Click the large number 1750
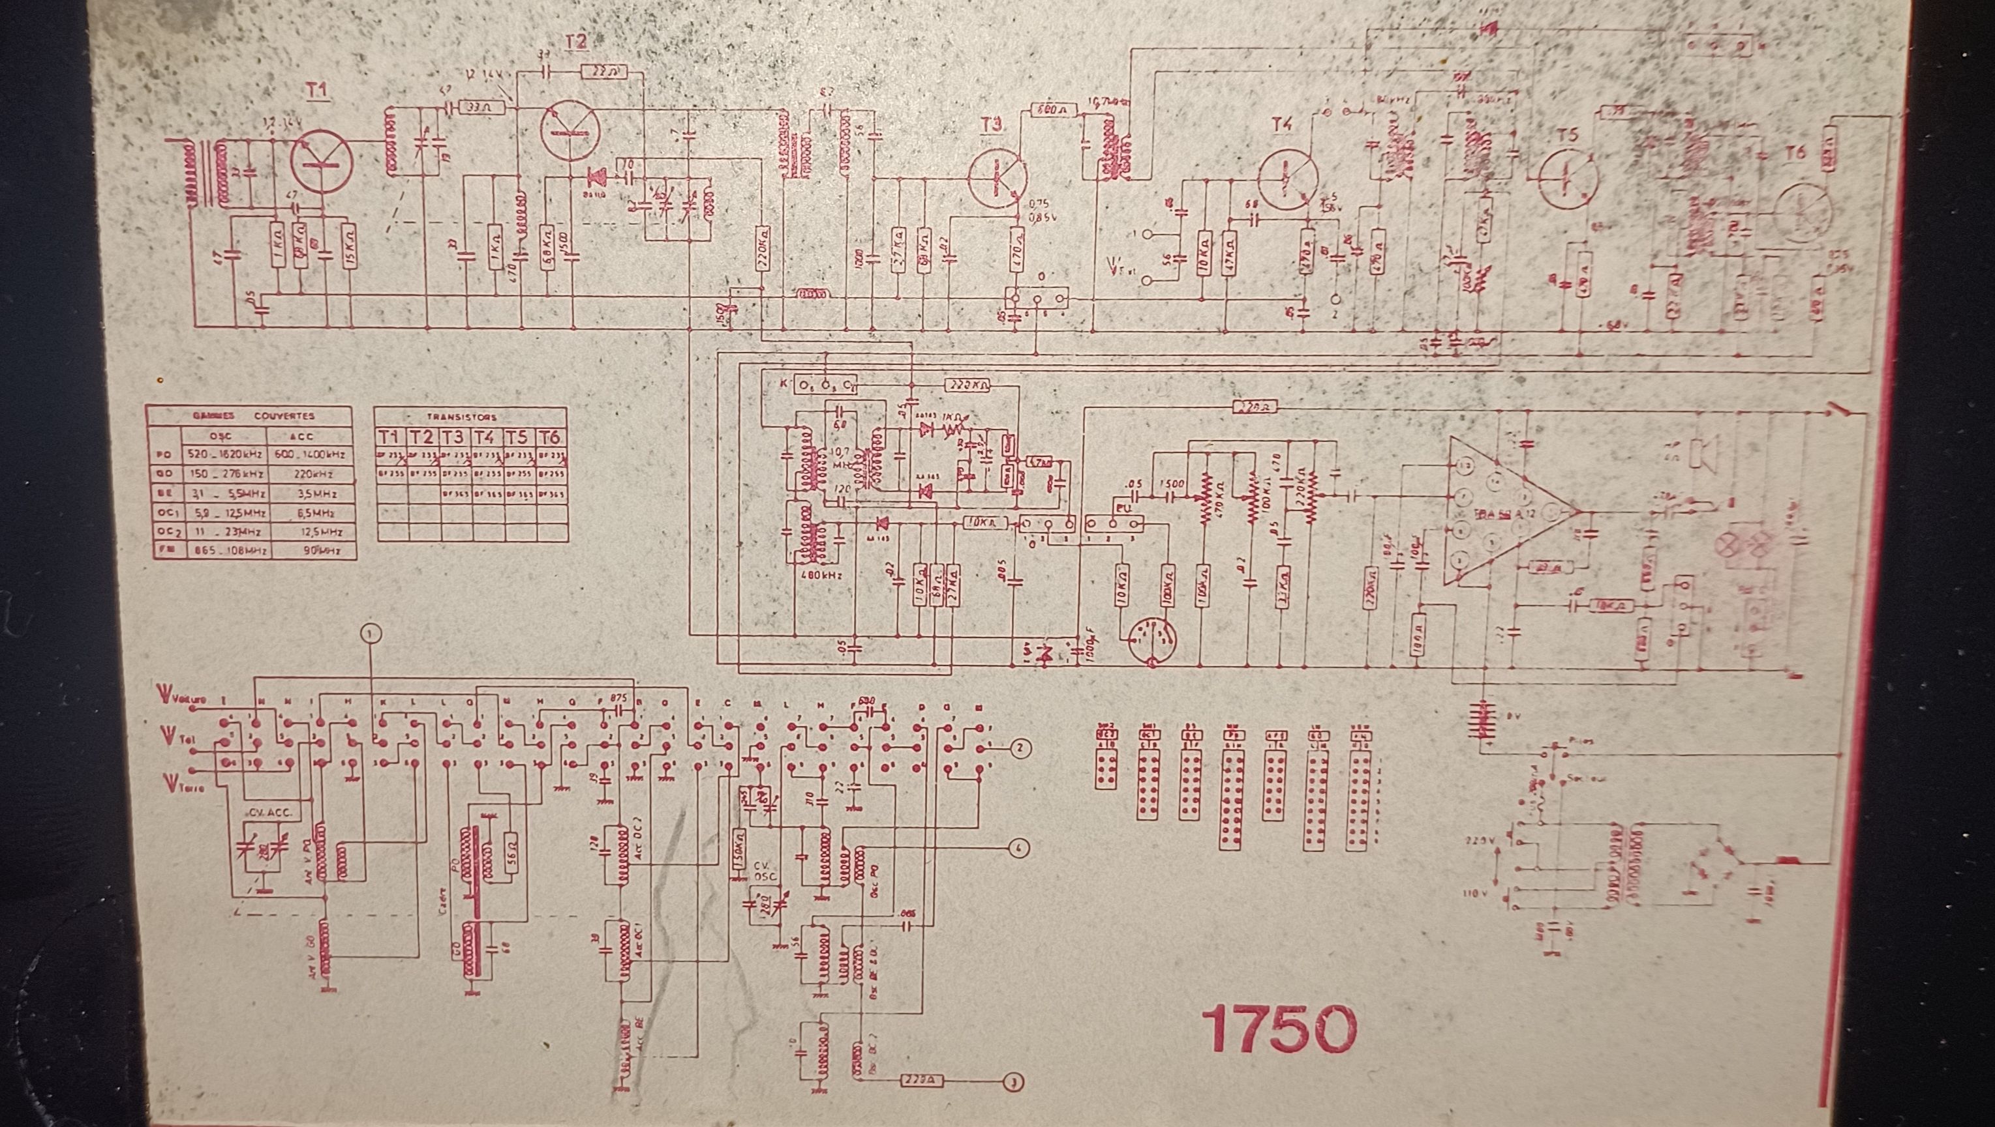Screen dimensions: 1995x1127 point(1279,1029)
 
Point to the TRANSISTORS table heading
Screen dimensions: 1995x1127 point(462,417)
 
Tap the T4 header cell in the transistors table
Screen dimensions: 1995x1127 point(485,437)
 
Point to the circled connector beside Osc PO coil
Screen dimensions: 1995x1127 point(1019,849)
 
